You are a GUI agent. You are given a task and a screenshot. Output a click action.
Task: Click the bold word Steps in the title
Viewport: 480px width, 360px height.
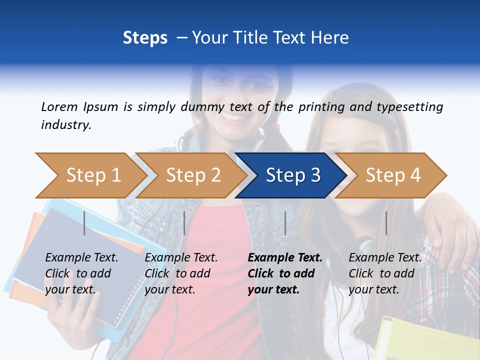[x=145, y=38]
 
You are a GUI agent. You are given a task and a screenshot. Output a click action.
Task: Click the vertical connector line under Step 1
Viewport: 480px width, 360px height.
[x=84, y=223]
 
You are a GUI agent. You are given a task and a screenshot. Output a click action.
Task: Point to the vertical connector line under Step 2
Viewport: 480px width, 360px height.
[x=184, y=223]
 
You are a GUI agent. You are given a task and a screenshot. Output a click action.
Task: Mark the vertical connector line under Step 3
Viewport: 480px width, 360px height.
[x=285, y=223]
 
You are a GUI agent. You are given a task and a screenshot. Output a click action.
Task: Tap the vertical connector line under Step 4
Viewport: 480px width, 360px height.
[x=386, y=223]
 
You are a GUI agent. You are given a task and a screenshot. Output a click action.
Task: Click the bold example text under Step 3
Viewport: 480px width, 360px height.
[x=284, y=273]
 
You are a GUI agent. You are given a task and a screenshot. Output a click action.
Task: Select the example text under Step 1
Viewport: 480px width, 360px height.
[x=81, y=273]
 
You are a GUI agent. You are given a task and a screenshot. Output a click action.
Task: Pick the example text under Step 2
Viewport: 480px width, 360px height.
[x=181, y=273]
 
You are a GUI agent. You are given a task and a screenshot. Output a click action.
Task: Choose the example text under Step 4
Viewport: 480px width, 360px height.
[x=385, y=273]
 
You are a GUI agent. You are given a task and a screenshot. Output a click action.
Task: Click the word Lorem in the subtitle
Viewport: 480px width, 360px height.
[x=59, y=106]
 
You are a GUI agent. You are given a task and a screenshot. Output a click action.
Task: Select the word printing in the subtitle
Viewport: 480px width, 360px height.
[x=321, y=107]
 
